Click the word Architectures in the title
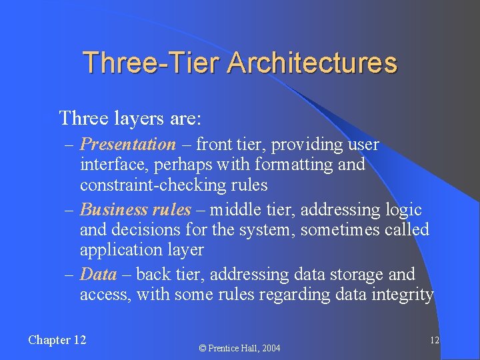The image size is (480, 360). click(312, 63)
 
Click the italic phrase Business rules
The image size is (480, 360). click(135, 210)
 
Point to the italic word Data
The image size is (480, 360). click(98, 275)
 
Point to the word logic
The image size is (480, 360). click(404, 210)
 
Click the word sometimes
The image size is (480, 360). click(340, 230)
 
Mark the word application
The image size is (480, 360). click(118, 250)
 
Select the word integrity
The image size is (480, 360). click(405, 295)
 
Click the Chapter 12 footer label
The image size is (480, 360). click(57, 340)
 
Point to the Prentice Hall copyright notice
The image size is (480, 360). click(241, 348)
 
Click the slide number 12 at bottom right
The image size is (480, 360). click(434, 340)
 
